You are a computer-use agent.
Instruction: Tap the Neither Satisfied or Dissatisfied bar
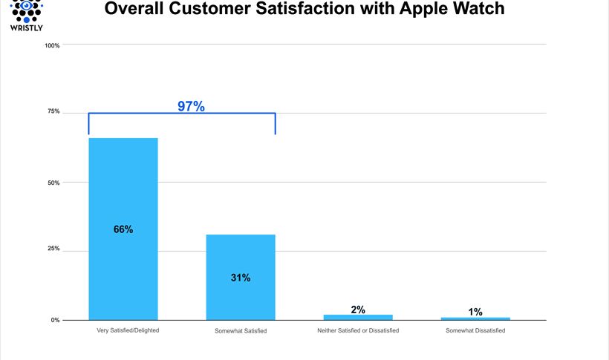(x=358, y=317)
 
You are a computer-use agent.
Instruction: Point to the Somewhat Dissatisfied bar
(x=475, y=318)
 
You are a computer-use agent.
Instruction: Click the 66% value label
(x=123, y=229)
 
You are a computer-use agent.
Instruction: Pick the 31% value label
(x=241, y=278)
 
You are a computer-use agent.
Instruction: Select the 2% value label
(x=358, y=310)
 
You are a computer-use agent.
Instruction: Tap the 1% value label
(x=475, y=312)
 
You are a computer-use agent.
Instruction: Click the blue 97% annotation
(x=191, y=106)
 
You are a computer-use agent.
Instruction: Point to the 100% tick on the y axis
(x=52, y=45)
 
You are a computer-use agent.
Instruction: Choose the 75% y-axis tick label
(x=53, y=112)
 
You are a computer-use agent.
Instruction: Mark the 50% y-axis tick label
(x=53, y=183)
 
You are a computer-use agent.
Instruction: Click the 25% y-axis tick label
(x=53, y=249)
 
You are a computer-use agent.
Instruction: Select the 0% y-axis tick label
(x=55, y=321)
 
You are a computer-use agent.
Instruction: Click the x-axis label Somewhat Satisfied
(x=241, y=330)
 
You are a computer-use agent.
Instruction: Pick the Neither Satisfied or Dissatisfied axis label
(x=358, y=330)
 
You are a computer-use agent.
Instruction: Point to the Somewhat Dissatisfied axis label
(x=475, y=330)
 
